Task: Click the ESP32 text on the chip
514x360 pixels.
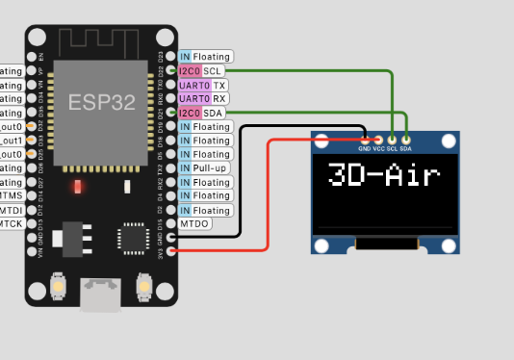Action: [x=101, y=102]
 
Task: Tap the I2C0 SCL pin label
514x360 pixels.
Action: [x=203, y=71]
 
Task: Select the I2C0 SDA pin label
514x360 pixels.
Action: [x=203, y=113]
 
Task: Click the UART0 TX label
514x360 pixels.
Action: [x=203, y=85]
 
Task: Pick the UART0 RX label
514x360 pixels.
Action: [x=203, y=98]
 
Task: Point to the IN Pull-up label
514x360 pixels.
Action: [x=205, y=168]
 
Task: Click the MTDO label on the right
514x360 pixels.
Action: [x=194, y=224]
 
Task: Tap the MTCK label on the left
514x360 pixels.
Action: [x=11, y=224]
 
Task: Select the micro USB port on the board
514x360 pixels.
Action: [x=101, y=294]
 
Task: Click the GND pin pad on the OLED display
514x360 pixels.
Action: [x=364, y=141]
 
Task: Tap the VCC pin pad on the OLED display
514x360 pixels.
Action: [x=378, y=141]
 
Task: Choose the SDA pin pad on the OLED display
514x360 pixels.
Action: [x=406, y=141]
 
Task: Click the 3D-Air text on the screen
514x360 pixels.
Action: [x=383, y=176]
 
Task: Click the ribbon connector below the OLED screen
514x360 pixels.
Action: [x=387, y=246]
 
